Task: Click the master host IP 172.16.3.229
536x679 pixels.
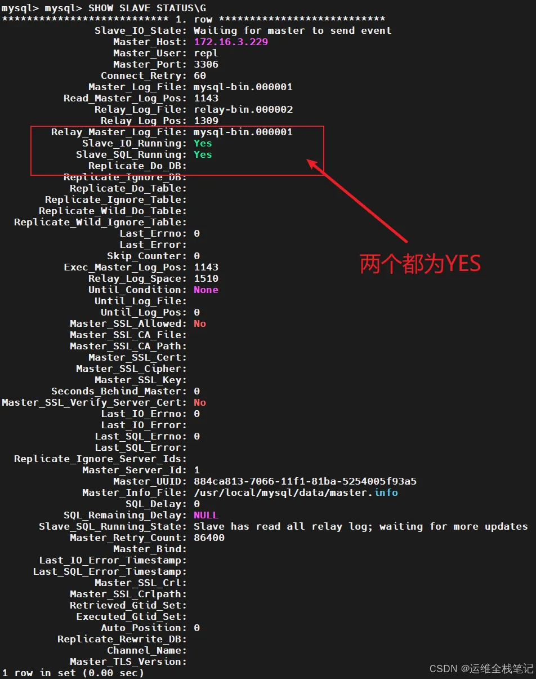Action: [231, 42]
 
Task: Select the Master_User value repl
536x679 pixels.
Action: [206, 54]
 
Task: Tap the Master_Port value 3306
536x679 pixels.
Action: [206, 64]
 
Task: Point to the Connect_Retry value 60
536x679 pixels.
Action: [199, 76]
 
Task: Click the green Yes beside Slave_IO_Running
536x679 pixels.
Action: [203, 143]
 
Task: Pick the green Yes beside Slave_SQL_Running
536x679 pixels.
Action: [203, 154]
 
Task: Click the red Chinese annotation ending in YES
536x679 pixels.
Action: [420, 264]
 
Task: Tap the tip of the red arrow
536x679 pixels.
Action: [307, 159]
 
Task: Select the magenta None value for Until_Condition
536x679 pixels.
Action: [206, 290]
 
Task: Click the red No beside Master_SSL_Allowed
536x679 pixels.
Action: [199, 324]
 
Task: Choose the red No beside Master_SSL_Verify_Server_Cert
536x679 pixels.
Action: [199, 402]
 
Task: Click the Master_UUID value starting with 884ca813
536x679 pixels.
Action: [305, 481]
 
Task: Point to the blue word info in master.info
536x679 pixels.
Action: [386, 492]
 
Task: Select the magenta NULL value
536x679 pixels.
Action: [206, 515]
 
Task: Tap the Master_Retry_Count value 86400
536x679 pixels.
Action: [209, 538]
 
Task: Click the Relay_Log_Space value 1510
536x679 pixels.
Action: [206, 278]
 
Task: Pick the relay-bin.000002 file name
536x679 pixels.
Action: [243, 109]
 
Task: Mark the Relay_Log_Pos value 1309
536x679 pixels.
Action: [206, 121]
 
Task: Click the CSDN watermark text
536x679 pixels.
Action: [481, 669]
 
